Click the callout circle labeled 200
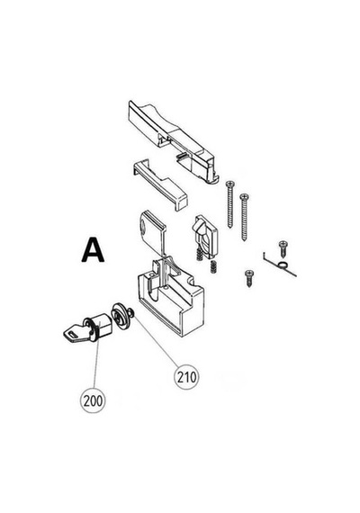pyautogui.click(x=94, y=400)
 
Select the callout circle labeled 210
pyautogui.click(x=187, y=377)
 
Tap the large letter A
pyautogui.click(x=93, y=250)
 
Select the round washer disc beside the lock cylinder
pyautogui.click(x=121, y=316)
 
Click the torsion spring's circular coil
pyautogui.click(x=283, y=265)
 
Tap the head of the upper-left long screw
pyautogui.click(x=230, y=184)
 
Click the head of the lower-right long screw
pyautogui.click(x=245, y=196)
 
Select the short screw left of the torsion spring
pyautogui.click(x=249, y=278)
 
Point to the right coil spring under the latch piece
pyautogui.click(x=213, y=266)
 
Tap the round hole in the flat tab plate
pyautogui.click(x=144, y=226)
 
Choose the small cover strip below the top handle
pyautogui.click(x=160, y=184)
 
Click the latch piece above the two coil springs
pyautogui.click(x=205, y=236)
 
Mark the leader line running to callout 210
pyautogui.click(x=157, y=340)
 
